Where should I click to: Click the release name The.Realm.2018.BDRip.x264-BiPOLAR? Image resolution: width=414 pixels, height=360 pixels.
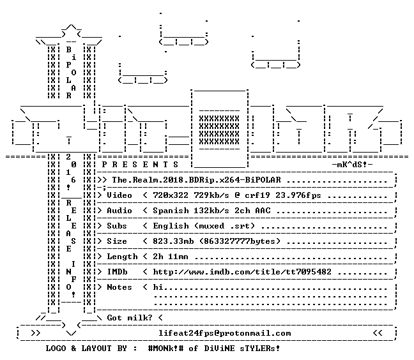(x=196, y=180)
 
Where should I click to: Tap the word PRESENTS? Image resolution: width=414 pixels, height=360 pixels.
(x=140, y=165)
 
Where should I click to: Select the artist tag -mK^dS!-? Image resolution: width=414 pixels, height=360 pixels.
(x=352, y=165)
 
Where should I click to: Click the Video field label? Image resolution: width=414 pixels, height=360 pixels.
(x=119, y=195)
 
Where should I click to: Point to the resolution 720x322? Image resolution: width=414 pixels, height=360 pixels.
(x=171, y=195)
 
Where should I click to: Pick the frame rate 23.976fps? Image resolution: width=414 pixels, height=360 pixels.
(x=298, y=195)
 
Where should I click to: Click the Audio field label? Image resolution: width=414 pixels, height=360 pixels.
(x=119, y=211)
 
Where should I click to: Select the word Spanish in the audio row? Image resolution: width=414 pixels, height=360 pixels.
(x=171, y=211)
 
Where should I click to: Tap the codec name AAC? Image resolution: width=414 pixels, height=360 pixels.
(x=263, y=211)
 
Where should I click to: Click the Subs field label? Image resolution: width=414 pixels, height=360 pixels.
(x=117, y=226)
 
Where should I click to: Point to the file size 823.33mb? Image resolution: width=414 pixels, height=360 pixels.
(x=173, y=241)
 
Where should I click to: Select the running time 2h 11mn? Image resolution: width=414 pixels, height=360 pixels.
(x=171, y=257)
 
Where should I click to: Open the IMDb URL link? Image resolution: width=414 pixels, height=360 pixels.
(x=242, y=272)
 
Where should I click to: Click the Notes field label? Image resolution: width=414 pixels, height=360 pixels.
(x=119, y=287)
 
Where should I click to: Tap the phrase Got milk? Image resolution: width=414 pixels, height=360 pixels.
(x=130, y=318)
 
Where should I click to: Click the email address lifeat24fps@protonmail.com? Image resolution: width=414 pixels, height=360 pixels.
(x=225, y=333)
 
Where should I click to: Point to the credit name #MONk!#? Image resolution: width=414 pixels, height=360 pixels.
(x=165, y=349)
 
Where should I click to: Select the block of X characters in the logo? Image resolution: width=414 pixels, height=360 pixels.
(x=219, y=130)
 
